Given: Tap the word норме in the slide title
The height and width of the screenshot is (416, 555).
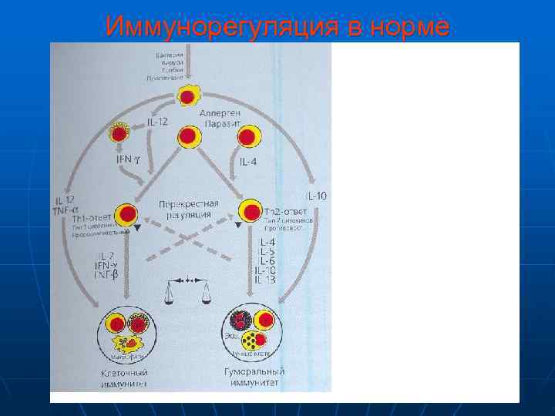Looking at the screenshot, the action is (x=409, y=27).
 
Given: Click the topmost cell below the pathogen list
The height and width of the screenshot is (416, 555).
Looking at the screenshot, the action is (x=187, y=96).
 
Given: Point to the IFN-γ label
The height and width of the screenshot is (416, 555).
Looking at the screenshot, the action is (x=129, y=160).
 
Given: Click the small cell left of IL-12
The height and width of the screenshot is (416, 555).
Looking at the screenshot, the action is (x=119, y=133).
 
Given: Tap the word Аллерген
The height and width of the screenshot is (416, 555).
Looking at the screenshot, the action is (x=222, y=112).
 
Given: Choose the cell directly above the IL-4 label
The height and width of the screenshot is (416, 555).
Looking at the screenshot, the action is (x=247, y=138).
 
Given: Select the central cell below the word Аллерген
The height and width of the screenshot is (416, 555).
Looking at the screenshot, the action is (x=189, y=137).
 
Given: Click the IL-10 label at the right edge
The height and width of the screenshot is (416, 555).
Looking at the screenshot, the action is (x=316, y=196).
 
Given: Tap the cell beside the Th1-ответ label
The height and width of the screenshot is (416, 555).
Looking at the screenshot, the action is (x=128, y=213).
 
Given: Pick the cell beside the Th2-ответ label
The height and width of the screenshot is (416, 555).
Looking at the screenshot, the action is (x=251, y=210).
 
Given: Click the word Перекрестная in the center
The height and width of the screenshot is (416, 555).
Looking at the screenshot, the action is (x=188, y=204).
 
